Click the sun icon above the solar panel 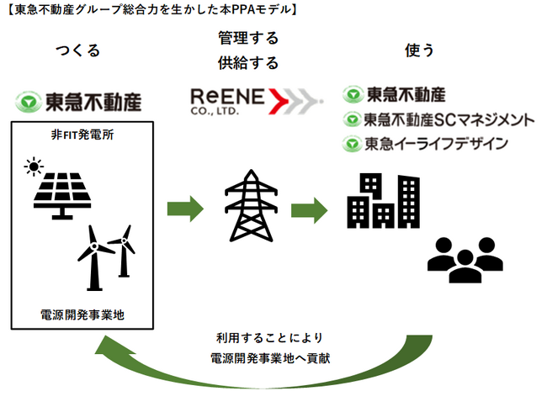pyautogui.click(x=34, y=166)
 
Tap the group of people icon pyautogui.click(x=465, y=259)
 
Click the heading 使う pyautogui.click(x=420, y=50)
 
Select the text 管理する pyautogui.click(x=248, y=39)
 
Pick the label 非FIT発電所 pyautogui.click(x=82, y=135)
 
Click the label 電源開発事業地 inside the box pyautogui.click(x=82, y=314)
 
